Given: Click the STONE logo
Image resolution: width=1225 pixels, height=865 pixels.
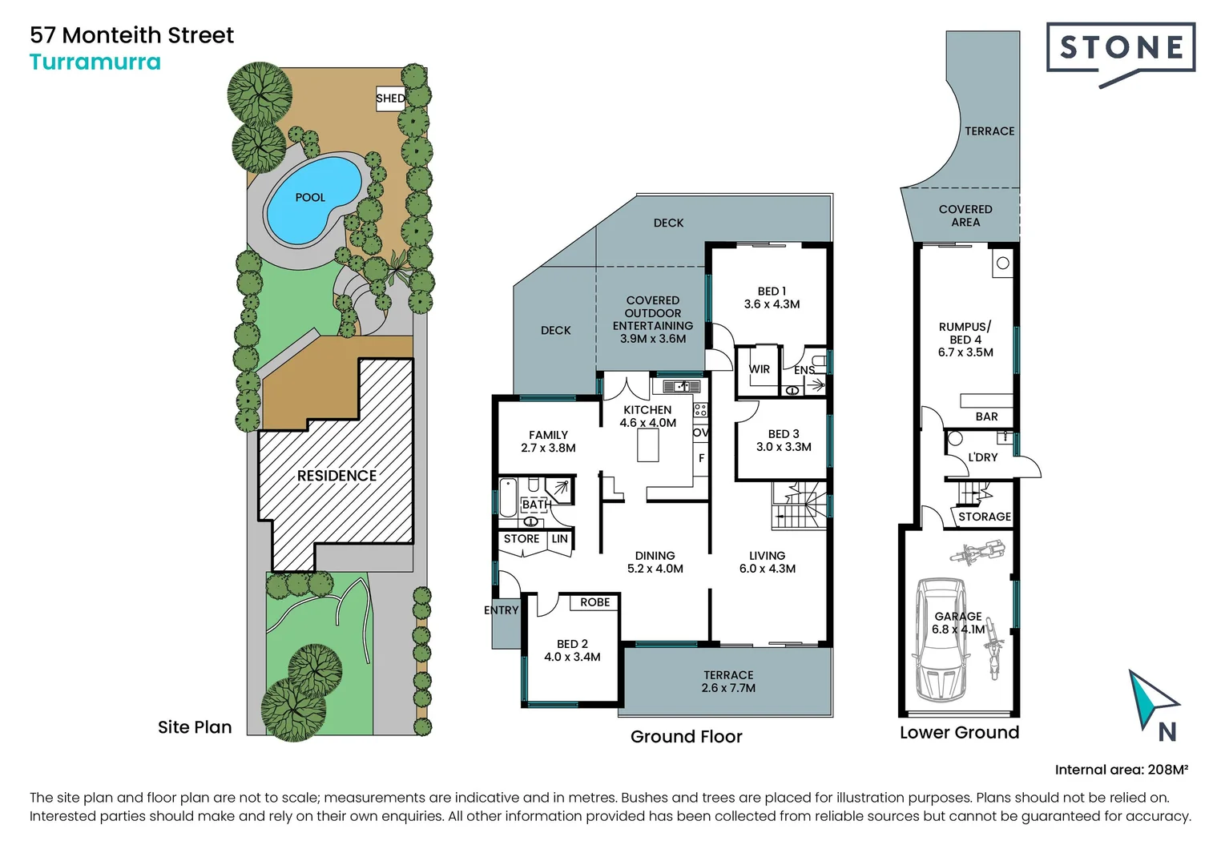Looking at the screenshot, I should point(1121,50).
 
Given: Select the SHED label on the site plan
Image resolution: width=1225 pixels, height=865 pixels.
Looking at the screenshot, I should point(390,99).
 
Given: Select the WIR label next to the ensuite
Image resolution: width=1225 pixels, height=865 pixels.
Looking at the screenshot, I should point(759,369).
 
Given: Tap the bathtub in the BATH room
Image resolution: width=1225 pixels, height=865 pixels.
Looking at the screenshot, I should point(507,497).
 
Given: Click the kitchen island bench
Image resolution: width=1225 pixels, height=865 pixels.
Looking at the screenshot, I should point(647,445).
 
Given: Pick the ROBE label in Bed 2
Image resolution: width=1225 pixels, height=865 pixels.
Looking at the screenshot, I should point(595,602).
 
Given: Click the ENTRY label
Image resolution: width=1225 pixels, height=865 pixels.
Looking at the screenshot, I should point(502,610).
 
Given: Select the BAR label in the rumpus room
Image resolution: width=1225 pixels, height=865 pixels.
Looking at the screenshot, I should point(986,416).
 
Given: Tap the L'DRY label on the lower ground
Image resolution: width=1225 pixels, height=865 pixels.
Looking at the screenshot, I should point(982,457).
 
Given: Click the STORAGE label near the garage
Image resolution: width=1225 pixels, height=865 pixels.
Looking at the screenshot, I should point(984,517).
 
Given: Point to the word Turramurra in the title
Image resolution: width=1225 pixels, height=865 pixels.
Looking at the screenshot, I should point(95,62).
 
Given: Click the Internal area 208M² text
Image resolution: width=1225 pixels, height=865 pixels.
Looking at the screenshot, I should point(1121,770).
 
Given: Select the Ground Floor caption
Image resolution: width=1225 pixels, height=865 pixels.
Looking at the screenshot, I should point(686,736).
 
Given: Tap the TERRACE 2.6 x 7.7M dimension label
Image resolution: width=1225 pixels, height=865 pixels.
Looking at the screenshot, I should point(728,682).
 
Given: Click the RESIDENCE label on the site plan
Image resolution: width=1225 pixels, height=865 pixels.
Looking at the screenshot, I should point(336,476).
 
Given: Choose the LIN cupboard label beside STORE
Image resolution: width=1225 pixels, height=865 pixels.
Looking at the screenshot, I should point(559,539).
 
